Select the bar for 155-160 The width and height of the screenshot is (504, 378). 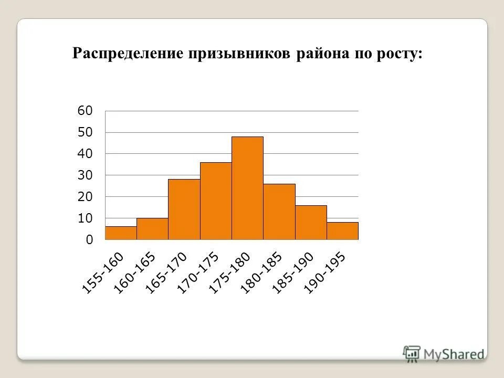point(121,233)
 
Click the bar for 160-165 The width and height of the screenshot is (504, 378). point(152,229)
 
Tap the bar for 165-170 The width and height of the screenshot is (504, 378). point(184,209)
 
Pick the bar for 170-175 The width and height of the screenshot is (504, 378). point(216,201)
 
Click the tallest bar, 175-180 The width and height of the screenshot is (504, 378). point(247,188)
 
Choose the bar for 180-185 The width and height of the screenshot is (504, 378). point(279,212)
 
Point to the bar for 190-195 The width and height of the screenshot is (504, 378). point(342,231)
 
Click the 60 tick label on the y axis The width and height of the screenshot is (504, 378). point(85,111)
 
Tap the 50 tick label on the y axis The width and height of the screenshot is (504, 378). point(85,132)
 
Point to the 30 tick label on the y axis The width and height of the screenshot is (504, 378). point(85,175)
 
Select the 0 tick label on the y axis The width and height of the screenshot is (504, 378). point(89,240)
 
